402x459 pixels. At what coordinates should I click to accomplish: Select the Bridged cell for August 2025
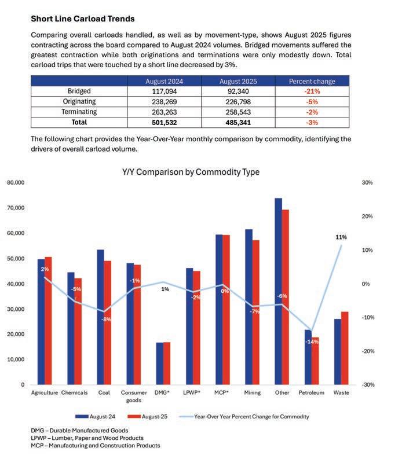click(238, 91)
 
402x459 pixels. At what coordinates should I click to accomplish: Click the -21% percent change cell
click(312, 91)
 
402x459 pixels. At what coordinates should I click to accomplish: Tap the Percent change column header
click(312, 81)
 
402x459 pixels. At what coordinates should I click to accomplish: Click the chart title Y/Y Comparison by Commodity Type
click(191, 172)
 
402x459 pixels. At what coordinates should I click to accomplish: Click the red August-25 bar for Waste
click(345, 348)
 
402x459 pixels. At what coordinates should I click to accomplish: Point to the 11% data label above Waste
click(341, 237)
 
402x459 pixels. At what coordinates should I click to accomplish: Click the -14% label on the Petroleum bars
click(312, 342)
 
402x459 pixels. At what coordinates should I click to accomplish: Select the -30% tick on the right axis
click(367, 385)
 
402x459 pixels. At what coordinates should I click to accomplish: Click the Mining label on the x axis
click(252, 392)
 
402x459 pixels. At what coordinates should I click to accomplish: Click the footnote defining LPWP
click(87, 438)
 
